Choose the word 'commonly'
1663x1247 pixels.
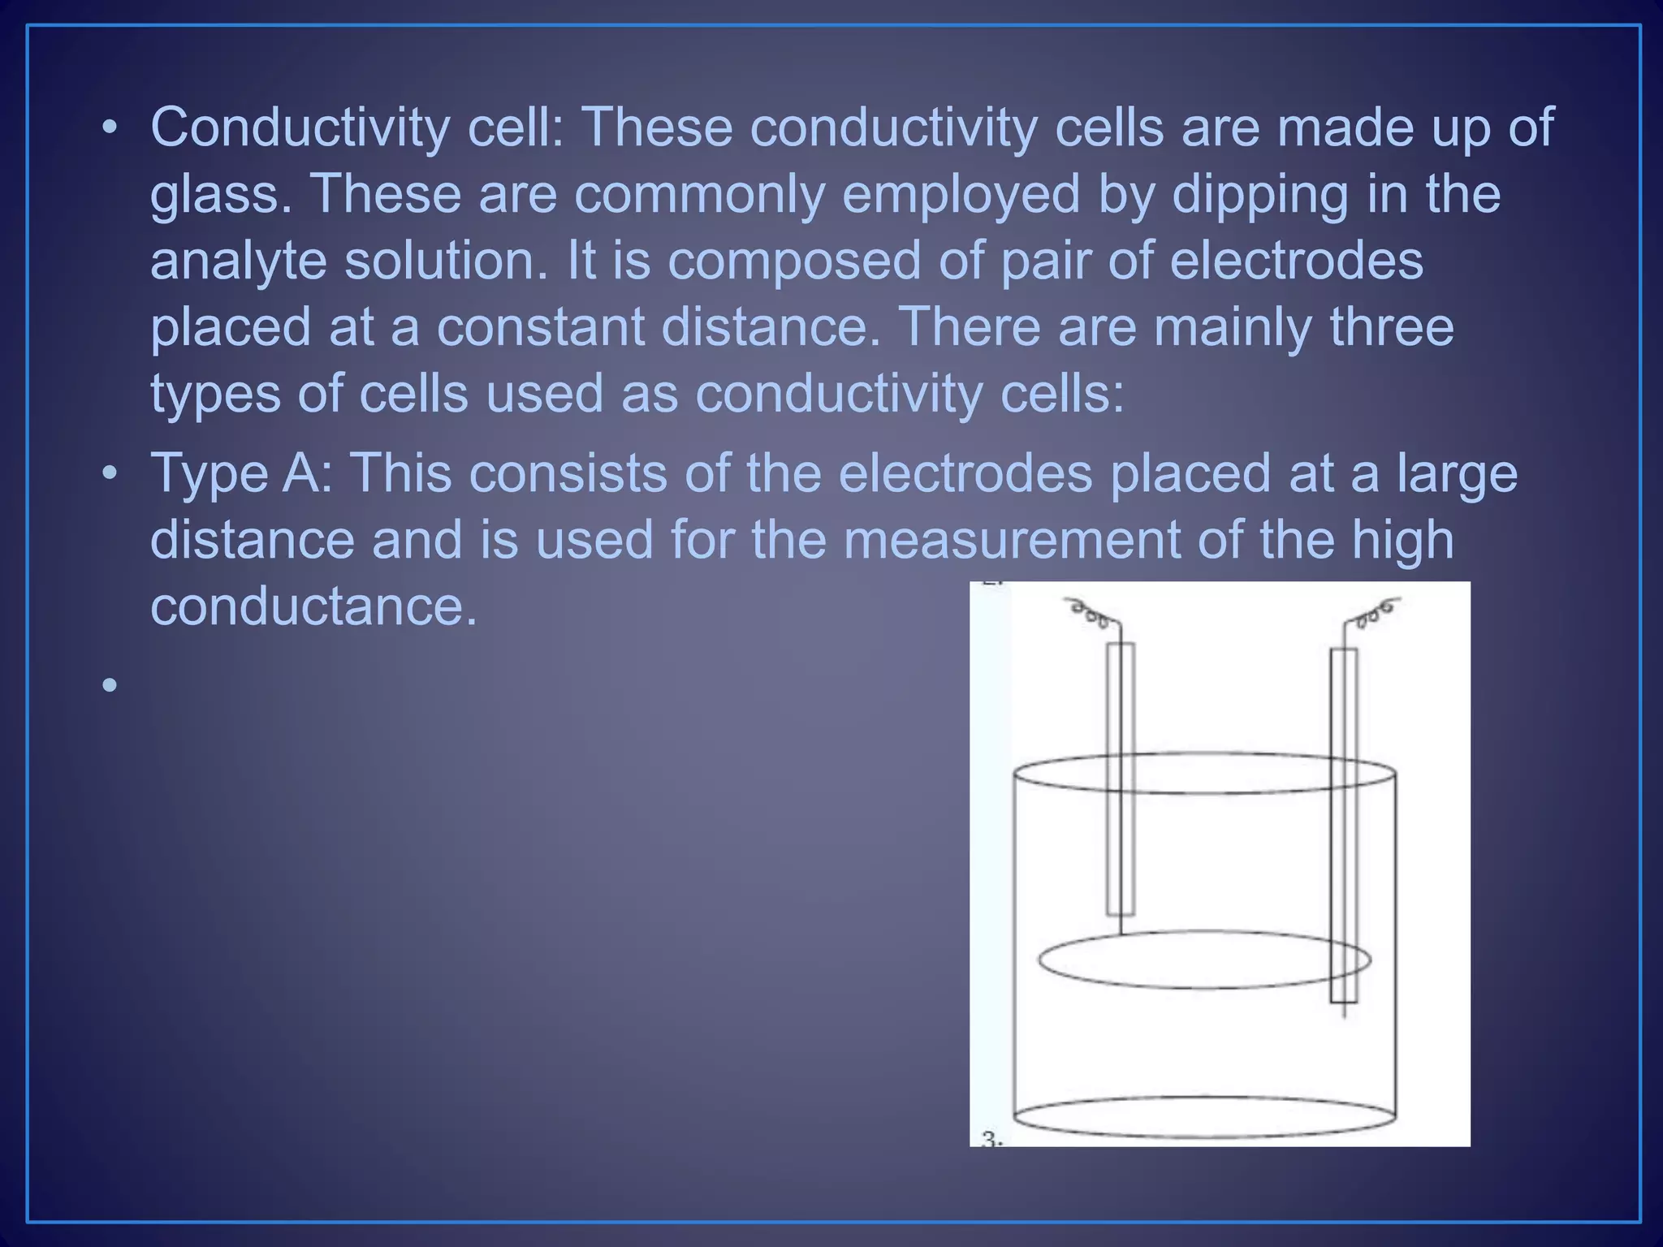698,195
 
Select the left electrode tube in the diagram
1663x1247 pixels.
1121,779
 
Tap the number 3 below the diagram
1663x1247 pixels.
990,1139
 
